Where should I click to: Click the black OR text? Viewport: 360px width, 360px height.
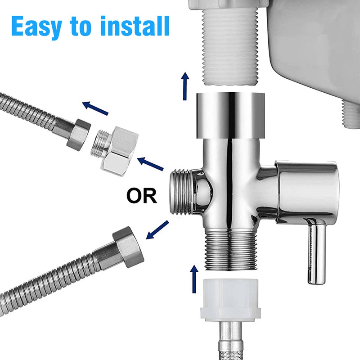(x=141, y=196)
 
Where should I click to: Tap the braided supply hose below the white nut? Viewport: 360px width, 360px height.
(x=229, y=342)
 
